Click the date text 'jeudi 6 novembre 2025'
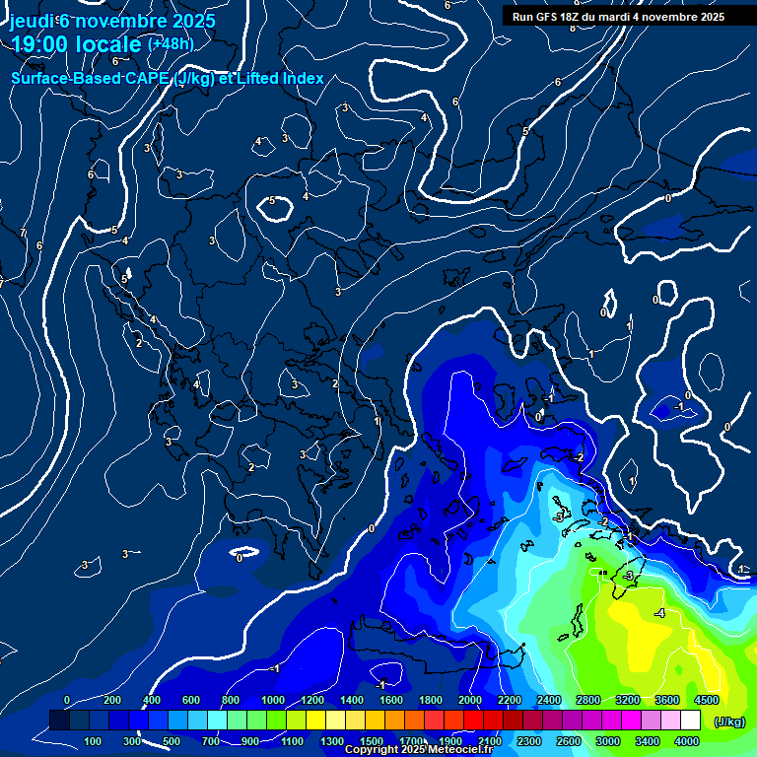coord(111,21)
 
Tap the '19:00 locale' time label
coord(76,44)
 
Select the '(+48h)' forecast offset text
coord(171,43)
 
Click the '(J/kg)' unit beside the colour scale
coord(728,723)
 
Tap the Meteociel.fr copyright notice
coord(418,750)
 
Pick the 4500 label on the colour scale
coord(706,700)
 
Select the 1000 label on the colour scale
coord(273,700)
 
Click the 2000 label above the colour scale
coord(470,700)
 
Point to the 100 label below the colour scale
coord(94,741)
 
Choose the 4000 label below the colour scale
coord(687,741)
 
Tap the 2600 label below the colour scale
coord(569,741)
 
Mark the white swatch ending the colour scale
coord(718,721)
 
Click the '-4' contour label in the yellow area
coord(659,614)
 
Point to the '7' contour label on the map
coord(23,233)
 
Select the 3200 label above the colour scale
coord(628,700)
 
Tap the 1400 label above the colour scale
coord(352,700)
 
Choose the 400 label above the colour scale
coord(152,700)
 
